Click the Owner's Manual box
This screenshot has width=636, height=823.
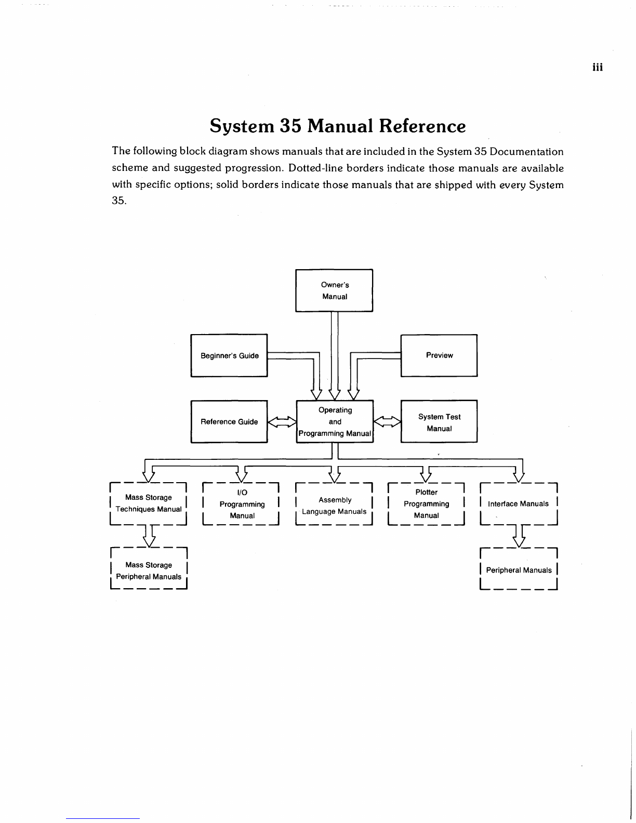tap(334, 290)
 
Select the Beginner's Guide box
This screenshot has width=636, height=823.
tap(229, 355)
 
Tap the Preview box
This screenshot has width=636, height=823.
tap(439, 355)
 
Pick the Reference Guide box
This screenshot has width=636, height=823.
tap(229, 421)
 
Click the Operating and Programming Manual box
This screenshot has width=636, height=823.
tap(335, 421)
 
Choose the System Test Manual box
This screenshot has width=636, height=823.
tap(439, 421)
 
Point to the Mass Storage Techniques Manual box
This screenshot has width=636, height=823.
tap(148, 503)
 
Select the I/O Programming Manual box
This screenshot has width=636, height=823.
tap(241, 503)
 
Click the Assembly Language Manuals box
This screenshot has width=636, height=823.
tap(334, 503)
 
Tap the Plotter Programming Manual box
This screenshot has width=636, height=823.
tap(426, 503)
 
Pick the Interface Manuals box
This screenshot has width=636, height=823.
tap(519, 503)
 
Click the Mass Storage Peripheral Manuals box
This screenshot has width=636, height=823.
tap(149, 568)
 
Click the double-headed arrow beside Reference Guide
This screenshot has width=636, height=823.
tap(282, 421)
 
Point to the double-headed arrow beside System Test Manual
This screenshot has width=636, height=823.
tap(387, 421)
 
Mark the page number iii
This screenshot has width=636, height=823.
tap(598, 68)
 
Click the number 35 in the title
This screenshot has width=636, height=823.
tap(290, 126)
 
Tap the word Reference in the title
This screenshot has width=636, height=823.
tap(422, 126)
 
